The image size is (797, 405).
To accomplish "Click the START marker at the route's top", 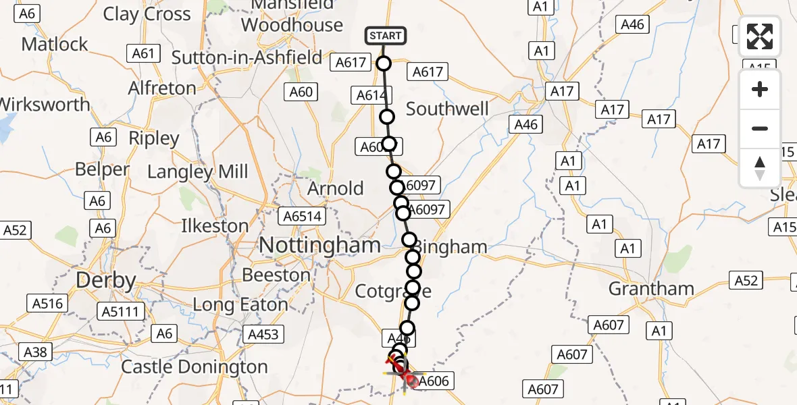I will pyautogui.click(x=385, y=36).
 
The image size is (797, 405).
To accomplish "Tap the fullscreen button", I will pyautogui.click(x=760, y=37).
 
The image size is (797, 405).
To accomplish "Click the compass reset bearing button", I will pyautogui.click(x=760, y=167).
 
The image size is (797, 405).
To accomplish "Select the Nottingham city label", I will pyautogui.click(x=320, y=245).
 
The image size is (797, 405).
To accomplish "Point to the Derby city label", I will pyautogui.click(x=106, y=280).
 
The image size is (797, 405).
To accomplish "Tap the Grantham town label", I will pyautogui.click(x=651, y=289).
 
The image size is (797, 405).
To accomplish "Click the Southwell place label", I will pyautogui.click(x=447, y=109).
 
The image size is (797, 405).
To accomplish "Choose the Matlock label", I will pyautogui.click(x=55, y=45).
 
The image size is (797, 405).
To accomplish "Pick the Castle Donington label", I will pyautogui.click(x=194, y=367).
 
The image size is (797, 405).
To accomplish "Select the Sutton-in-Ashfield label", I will pyautogui.click(x=247, y=58).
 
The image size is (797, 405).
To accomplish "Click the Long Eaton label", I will pyautogui.click(x=240, y=305).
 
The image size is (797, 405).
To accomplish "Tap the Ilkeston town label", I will pyautogui.click(x=215, y=225).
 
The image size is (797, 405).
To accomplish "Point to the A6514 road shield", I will pyautogui.click(x=303, y=217).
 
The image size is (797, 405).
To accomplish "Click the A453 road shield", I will pyautogui.click(x=265, y=333).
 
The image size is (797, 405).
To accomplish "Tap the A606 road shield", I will pyautogui.click(x=433, y=381).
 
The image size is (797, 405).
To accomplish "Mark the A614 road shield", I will pyautogui.click(x=371, y=95).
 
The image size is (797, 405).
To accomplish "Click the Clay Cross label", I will pyautogui.click(x=147, y=14).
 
